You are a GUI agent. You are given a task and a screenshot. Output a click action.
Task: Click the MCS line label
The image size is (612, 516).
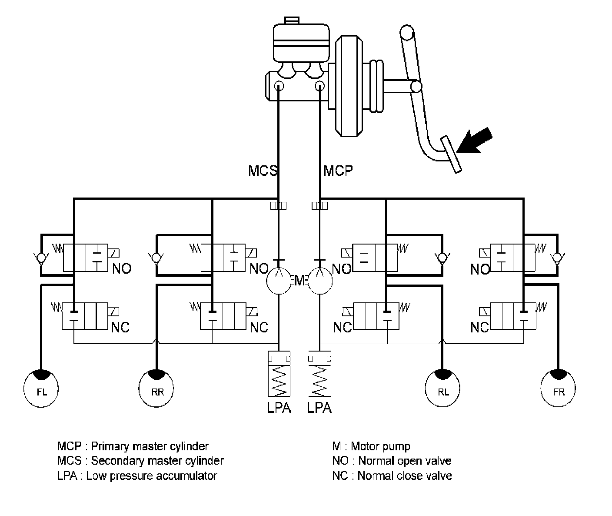click(263, 171)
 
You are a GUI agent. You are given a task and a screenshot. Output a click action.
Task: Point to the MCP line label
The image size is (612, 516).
click(338, 171)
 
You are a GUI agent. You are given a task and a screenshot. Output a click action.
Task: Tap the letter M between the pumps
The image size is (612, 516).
click(299, 281)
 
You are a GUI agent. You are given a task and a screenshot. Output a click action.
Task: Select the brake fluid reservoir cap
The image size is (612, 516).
click(292, 20)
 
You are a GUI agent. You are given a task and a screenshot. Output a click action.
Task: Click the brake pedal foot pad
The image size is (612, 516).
click(451, 154)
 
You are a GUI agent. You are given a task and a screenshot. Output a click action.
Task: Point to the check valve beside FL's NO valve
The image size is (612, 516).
click(41, 258)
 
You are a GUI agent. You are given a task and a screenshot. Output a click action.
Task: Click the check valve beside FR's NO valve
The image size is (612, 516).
click(557, 258)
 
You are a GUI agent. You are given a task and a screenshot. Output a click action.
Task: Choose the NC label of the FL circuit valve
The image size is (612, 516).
click(120, 327)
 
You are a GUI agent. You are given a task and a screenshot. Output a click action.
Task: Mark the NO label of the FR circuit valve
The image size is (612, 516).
click(480, 269)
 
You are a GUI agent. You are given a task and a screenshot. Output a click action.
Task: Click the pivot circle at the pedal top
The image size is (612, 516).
click(407, 32)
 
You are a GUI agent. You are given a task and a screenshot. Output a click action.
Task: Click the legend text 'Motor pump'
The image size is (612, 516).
click(380, 446)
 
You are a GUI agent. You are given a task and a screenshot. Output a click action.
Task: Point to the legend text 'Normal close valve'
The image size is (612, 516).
click(405, 476)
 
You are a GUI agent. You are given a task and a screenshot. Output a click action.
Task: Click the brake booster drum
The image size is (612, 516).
click(349, 86)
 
